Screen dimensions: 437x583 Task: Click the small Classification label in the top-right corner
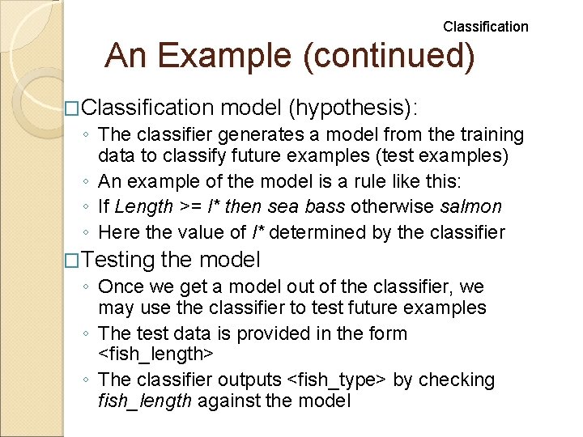[485, 27]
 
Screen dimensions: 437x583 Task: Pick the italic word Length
[143, 208]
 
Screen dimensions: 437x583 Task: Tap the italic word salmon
[471, 208]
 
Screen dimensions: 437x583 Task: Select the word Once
[120, 286]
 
